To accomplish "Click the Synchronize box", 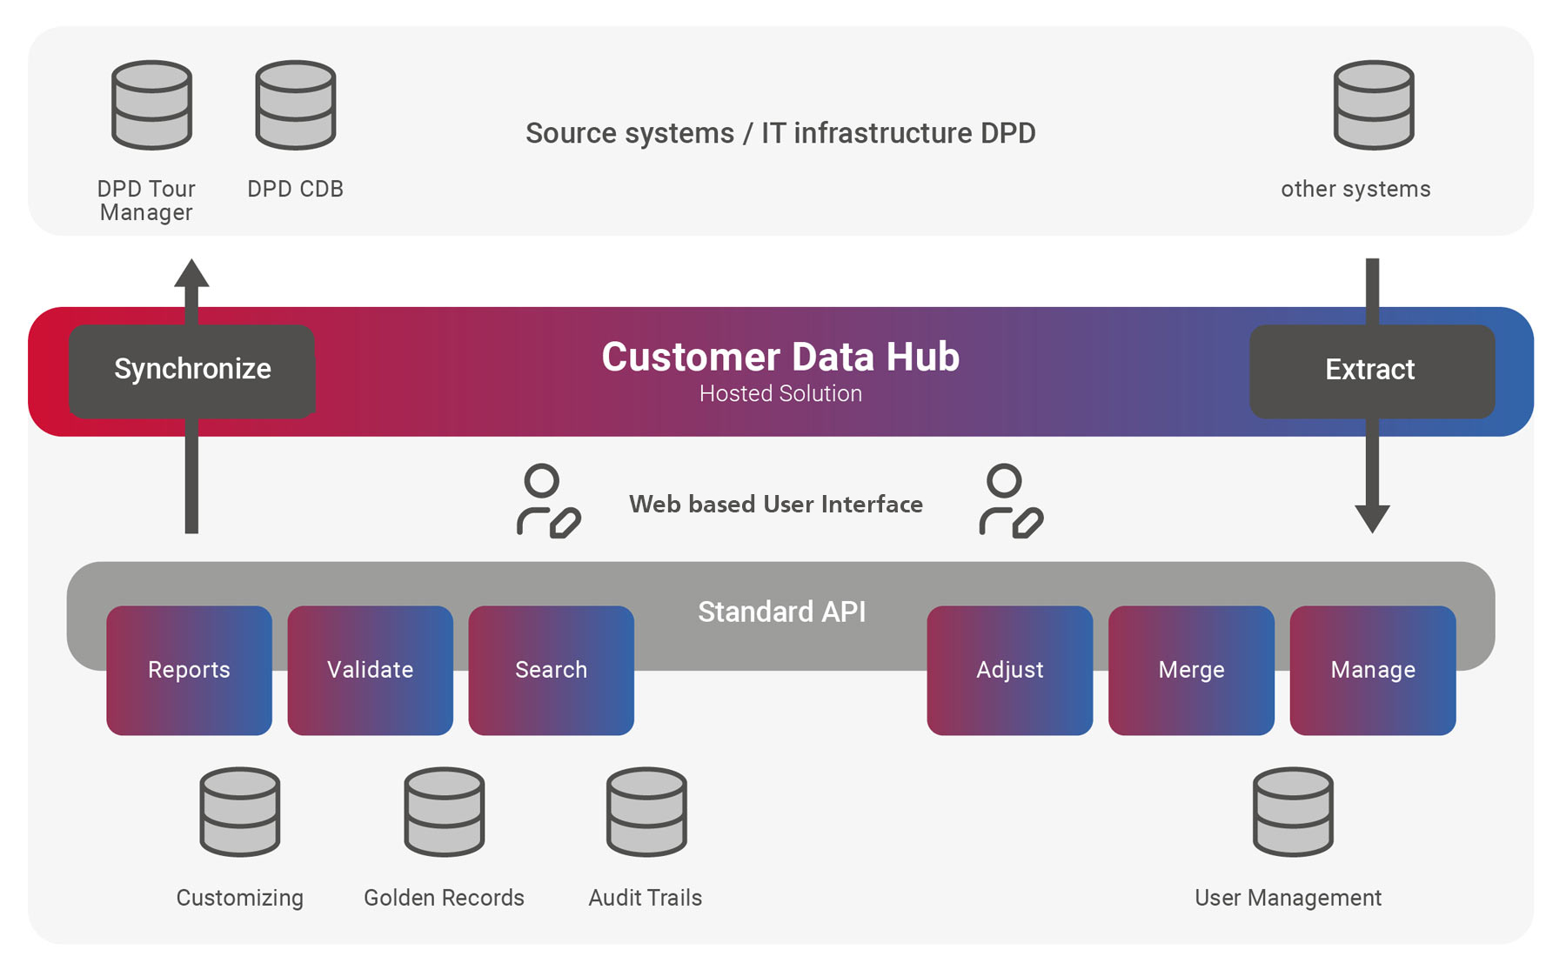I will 191,371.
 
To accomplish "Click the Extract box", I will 1371,371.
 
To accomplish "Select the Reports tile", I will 189,670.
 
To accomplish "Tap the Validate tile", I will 370,670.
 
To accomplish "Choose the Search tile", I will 551,670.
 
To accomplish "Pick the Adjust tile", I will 1009,670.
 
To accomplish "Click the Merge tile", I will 1191,670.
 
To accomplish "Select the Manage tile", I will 1372,670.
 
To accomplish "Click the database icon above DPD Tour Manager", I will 151,104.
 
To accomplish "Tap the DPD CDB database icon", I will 295,104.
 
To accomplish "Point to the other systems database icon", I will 1373,104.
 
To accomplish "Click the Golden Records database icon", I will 444,811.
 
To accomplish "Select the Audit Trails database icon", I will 646,811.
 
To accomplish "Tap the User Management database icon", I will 1293,811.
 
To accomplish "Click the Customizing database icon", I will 239,811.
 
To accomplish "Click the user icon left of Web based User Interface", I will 547,501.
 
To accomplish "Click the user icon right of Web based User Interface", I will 1010,501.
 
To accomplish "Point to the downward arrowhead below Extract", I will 1372,518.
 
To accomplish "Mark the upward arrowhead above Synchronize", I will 191,273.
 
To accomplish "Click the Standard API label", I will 781,612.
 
